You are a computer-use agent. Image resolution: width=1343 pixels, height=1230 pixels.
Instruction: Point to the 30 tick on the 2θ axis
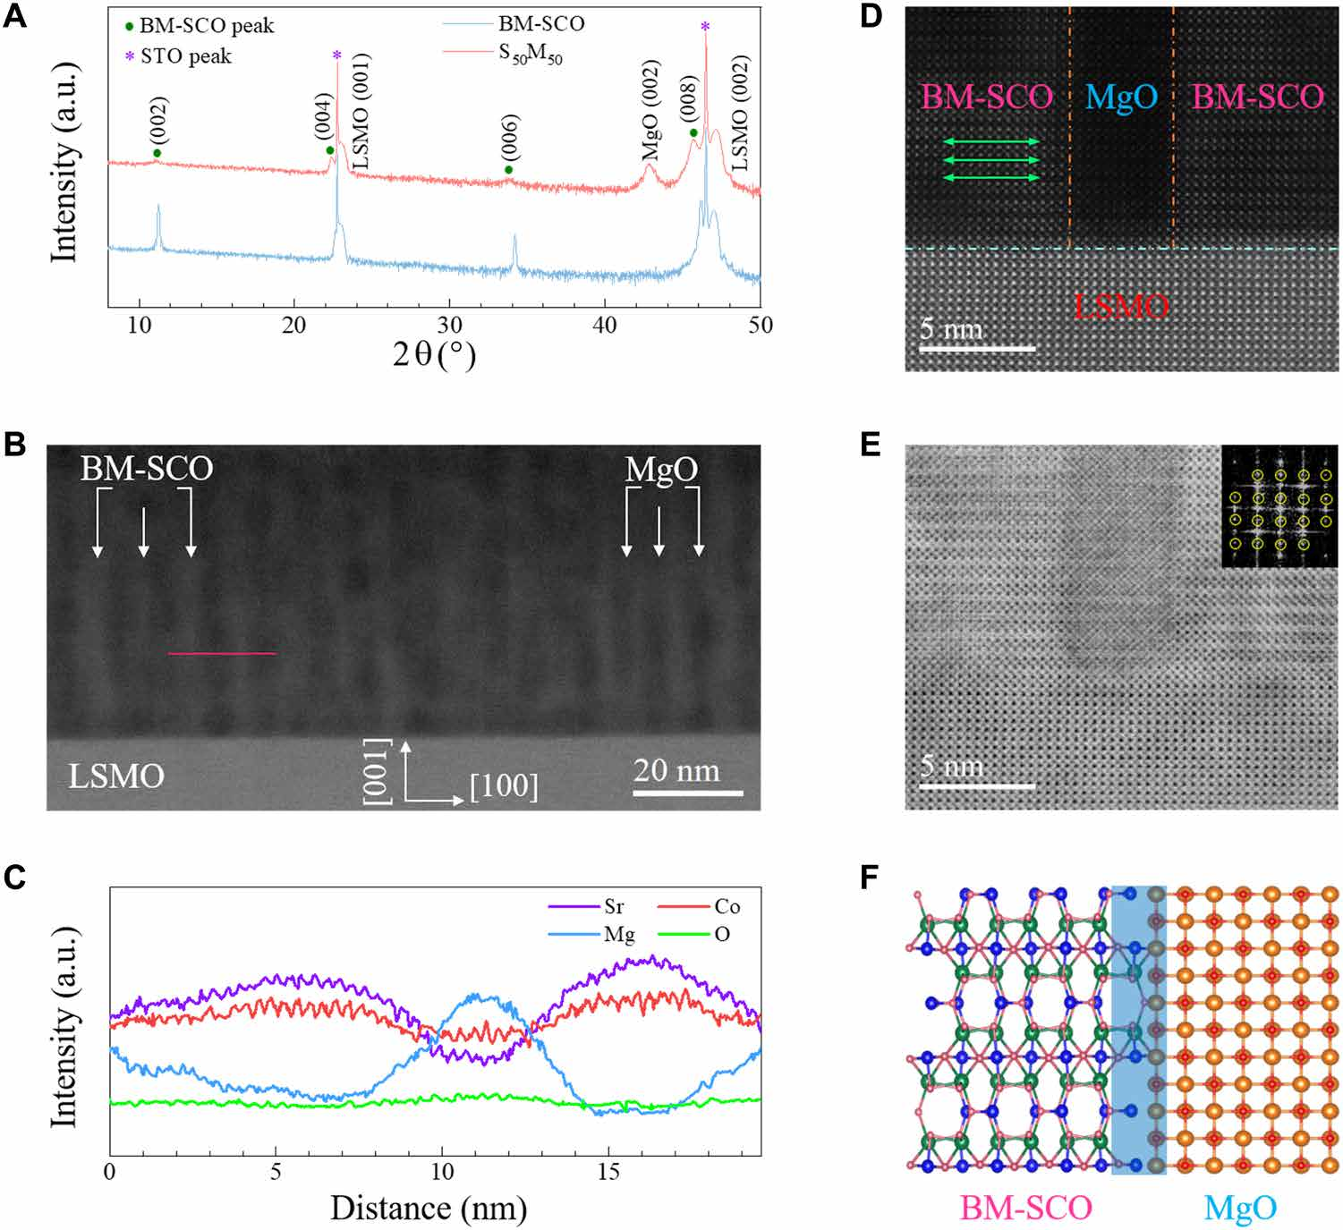click(450, 325)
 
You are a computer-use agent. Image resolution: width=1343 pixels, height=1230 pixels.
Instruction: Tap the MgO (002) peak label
click(650, 110)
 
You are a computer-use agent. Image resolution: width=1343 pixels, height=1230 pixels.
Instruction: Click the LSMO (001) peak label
click(361, 111)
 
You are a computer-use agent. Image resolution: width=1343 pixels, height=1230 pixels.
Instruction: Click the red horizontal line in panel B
click(222, 654)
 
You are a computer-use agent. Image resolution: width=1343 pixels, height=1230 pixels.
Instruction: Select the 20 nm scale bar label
click(676, 770)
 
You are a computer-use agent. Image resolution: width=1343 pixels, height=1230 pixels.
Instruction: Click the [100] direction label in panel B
click(504, 786)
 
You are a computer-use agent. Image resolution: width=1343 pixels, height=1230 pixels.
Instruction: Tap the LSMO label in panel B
click(116, 776)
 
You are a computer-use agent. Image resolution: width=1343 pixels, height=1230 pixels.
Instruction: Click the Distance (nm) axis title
click(429, 1209)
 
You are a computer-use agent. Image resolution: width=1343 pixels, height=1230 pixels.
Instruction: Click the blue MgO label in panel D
click(1121, 97)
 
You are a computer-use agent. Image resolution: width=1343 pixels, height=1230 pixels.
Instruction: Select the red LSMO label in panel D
click(1121, 307)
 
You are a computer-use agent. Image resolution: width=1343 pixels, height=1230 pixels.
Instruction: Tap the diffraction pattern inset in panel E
click(1279, 507)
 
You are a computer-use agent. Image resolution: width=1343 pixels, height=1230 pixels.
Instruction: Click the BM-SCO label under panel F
click(1026, 1209)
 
